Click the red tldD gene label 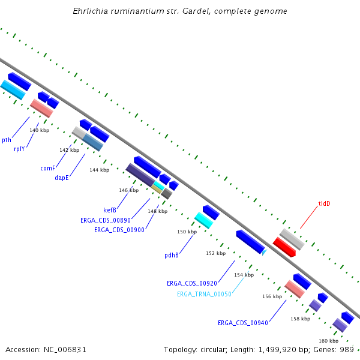pos(324,203)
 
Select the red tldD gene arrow pos(284,247)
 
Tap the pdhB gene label pos(172,256)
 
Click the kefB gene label pos(110,210)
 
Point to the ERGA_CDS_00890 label pos(106,220)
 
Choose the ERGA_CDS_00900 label pos(119,230)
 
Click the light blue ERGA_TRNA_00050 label pos(204,294)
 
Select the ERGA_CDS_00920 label pos(192,283)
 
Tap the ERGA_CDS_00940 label pos(243,323)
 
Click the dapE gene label pos(62,178)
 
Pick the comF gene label pos(48,168)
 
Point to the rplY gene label pos(19,149)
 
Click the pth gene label pos(7,140)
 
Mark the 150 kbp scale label pos(187,232)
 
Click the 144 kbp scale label pos(100,170)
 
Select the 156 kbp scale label pos(272,296)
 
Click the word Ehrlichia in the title pos(90,11)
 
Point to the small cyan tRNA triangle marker pos(264,252)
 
